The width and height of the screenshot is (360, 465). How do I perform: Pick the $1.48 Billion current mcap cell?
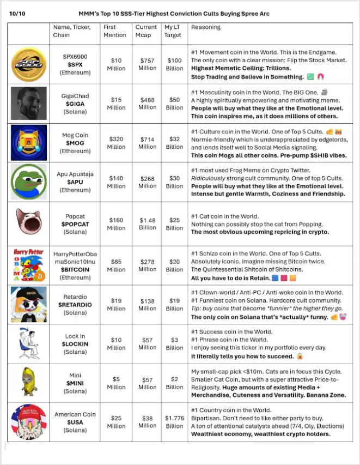[x=147, y=224]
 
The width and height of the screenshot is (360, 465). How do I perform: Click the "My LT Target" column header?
[x=174, y=31]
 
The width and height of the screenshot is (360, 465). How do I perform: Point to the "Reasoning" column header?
[x=206, y=27]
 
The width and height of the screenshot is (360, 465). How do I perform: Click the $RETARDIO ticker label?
[x=75, y=305]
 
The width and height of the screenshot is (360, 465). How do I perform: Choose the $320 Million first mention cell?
[x=116, y=143]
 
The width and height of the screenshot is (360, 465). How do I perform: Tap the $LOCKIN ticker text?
[x=75, y=344]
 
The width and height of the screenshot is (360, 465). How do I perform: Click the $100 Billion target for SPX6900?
[x=174, y=64]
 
